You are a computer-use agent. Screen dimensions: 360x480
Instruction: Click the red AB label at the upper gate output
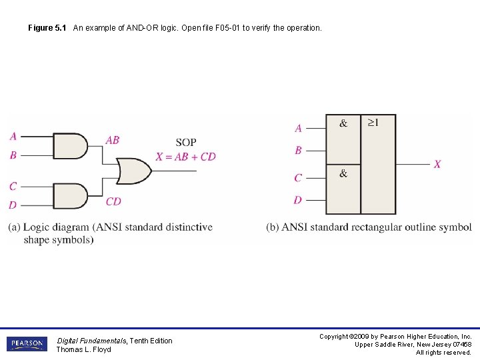tap(113, 140)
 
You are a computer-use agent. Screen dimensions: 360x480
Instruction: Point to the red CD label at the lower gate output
tap(113, 201)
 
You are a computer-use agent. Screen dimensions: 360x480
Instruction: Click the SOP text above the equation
tap(186, 142)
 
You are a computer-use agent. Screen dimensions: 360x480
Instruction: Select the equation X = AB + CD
tap(186, 157)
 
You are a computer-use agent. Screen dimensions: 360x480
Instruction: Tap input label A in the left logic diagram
tap(13, 137)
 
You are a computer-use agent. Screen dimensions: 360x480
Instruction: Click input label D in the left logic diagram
tap(13, 205)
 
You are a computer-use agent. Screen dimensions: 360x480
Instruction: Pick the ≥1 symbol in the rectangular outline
tap(373, 123)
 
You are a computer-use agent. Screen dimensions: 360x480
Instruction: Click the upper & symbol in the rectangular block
tap(343, 123)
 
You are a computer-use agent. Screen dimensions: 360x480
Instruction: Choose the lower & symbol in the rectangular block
tap(343, 173)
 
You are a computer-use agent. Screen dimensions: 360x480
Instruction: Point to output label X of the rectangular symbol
tap(437, 164)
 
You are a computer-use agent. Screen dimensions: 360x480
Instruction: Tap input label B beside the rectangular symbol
tap(298, 150)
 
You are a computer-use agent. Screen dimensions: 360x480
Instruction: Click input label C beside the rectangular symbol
tap(298, 177)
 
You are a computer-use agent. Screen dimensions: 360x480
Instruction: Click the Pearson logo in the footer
tap(27, 344)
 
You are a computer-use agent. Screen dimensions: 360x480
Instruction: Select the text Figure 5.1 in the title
tap(47, 28)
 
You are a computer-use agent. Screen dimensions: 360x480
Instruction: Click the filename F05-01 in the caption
tap(237, 28)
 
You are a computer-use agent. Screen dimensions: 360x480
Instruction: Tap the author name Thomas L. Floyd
tap(83, 349)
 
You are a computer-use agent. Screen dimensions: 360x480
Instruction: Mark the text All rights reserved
tap(443, 353)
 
